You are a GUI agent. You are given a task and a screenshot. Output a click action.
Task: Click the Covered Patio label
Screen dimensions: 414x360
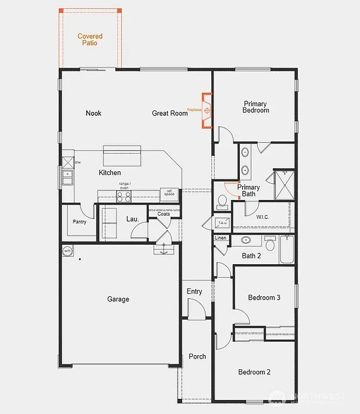click(x=90, y=39)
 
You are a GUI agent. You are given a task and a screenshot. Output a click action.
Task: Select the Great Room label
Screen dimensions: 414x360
click(x=170, y=113)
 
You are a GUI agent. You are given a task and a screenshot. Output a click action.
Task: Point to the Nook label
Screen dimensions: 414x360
click(x=93, y=113)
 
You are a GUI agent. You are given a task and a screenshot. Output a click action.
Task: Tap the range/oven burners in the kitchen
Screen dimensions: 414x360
click(x=124, y=196)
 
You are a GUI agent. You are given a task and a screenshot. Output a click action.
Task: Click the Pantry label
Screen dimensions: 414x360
click(x=79, y=222)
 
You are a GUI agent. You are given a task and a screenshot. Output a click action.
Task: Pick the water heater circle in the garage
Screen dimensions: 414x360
click(x=68, y=251)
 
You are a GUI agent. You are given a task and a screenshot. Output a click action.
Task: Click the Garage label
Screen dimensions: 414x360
click(x=118, y=299)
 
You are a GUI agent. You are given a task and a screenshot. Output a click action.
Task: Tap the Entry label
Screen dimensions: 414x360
click(x=195, y=292)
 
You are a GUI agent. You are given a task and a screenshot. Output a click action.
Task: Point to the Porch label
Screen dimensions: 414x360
click(x=197, y=356)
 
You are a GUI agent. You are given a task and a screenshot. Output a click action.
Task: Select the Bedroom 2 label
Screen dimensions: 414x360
click(x=254, y=372)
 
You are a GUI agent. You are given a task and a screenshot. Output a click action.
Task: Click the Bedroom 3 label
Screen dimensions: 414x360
click(x=264, y=298)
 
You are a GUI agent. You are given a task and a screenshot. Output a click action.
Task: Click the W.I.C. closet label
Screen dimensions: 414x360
click(x=263, y=217)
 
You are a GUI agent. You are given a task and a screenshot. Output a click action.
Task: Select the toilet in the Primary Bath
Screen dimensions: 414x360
click(x=221, y=202)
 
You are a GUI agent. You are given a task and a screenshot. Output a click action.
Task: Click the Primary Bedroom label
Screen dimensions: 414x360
click(x=255, y=107)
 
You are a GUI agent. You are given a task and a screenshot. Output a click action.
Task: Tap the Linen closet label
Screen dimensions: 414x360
click(x=220, y=238)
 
